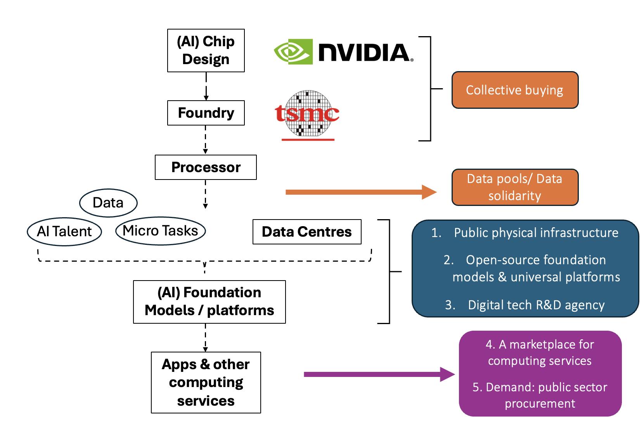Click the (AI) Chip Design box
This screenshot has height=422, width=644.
pos(206,51)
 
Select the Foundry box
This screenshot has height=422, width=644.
pos(206,113)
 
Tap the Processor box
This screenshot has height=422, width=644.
pos(206,167)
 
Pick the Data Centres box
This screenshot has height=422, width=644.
pos(306,232)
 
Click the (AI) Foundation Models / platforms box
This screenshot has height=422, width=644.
pos(209,302)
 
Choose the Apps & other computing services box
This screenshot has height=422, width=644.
pos(206,382)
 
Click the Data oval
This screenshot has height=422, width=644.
pos(108,203)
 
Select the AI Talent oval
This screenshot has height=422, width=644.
pos(64,232)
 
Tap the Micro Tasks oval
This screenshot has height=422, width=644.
pos(160,231)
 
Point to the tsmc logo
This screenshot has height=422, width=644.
pos(307,114)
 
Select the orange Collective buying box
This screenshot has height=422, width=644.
pos(515,90)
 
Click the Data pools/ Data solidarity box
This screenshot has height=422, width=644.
pos(515,187)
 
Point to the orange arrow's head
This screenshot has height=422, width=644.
pos(430,192)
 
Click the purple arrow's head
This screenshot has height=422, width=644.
pos(448,374)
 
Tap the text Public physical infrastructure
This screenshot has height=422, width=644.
pos(536,233)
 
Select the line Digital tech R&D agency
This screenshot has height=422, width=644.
pos(536,305)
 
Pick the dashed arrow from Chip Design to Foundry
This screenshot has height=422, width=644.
pos(206,86)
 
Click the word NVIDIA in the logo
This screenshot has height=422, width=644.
pos(364,52)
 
